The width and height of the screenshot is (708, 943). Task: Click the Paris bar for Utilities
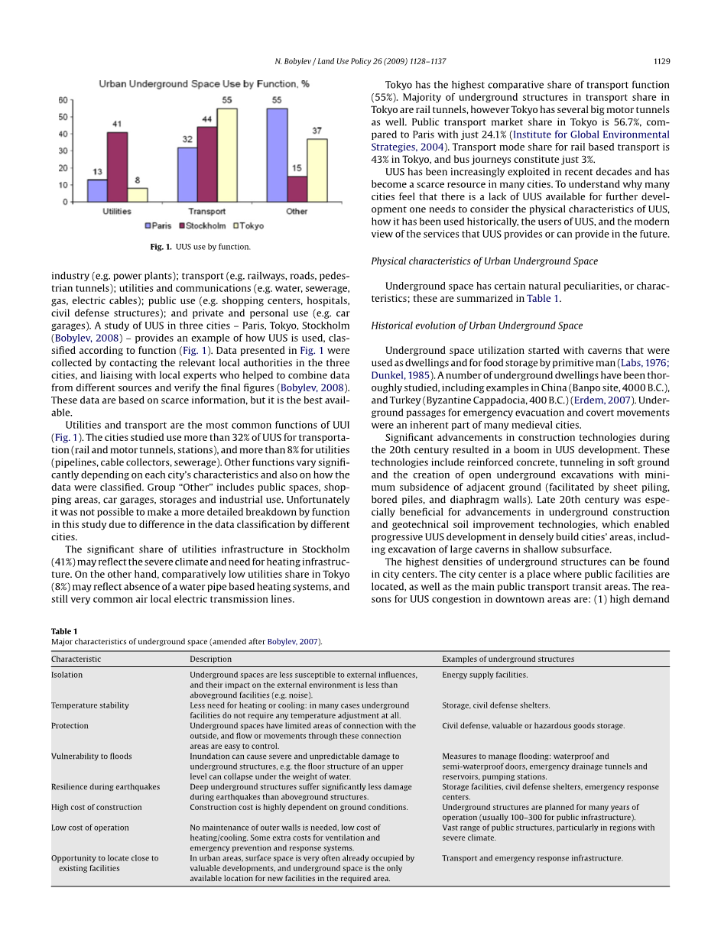97,190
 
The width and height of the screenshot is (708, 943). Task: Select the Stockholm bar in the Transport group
207,164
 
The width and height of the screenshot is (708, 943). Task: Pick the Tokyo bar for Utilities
138,195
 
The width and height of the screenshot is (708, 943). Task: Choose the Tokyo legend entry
248,226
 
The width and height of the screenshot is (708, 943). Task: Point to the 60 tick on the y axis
63,100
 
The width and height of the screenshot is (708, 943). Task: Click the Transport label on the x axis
206,212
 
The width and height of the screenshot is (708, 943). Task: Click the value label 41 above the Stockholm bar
117,124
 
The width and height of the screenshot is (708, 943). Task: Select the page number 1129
661,61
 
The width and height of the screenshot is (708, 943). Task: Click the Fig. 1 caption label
161,247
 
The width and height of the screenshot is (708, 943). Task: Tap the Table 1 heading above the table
64,631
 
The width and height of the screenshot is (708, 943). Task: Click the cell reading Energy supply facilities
485,675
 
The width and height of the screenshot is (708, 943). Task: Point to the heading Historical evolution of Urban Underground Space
476,326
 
